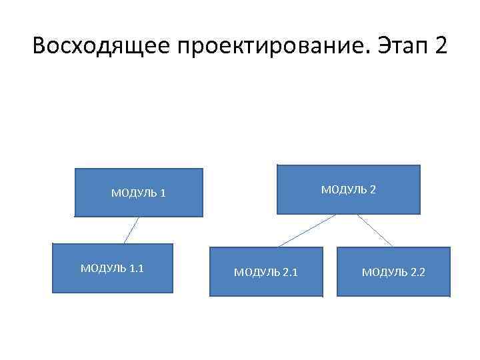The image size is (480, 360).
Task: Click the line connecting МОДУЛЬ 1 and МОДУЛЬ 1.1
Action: [131, 231]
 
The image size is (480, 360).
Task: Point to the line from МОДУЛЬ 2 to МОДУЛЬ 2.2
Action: [375, 230]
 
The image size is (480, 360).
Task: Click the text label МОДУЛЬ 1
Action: [138, 194]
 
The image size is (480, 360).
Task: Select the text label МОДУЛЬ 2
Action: [349, 189]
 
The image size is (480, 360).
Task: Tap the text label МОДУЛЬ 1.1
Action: [112, 268]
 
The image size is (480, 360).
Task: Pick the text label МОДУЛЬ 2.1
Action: [266, 272]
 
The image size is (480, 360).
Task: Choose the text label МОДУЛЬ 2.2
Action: [393, 272]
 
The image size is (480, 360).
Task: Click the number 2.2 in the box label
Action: [417, 272]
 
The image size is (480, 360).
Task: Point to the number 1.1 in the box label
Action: [136, 268]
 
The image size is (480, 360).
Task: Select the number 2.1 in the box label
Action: [290, 272]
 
